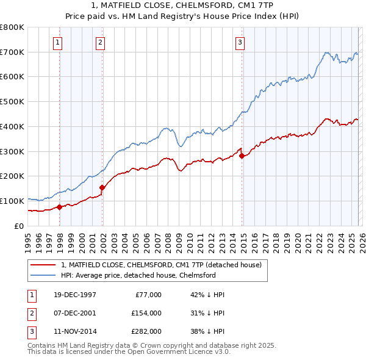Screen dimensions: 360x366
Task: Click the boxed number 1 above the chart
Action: [57, 42]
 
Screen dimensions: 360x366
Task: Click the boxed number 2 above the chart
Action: [99, 42]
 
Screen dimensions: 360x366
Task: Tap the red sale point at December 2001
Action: [102, 187]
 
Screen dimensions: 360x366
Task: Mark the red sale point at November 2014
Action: [242, 156]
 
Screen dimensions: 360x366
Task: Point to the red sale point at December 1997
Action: [60, 207]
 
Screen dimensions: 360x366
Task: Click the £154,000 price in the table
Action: [146, 313]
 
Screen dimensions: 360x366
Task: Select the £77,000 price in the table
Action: [148, 294]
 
